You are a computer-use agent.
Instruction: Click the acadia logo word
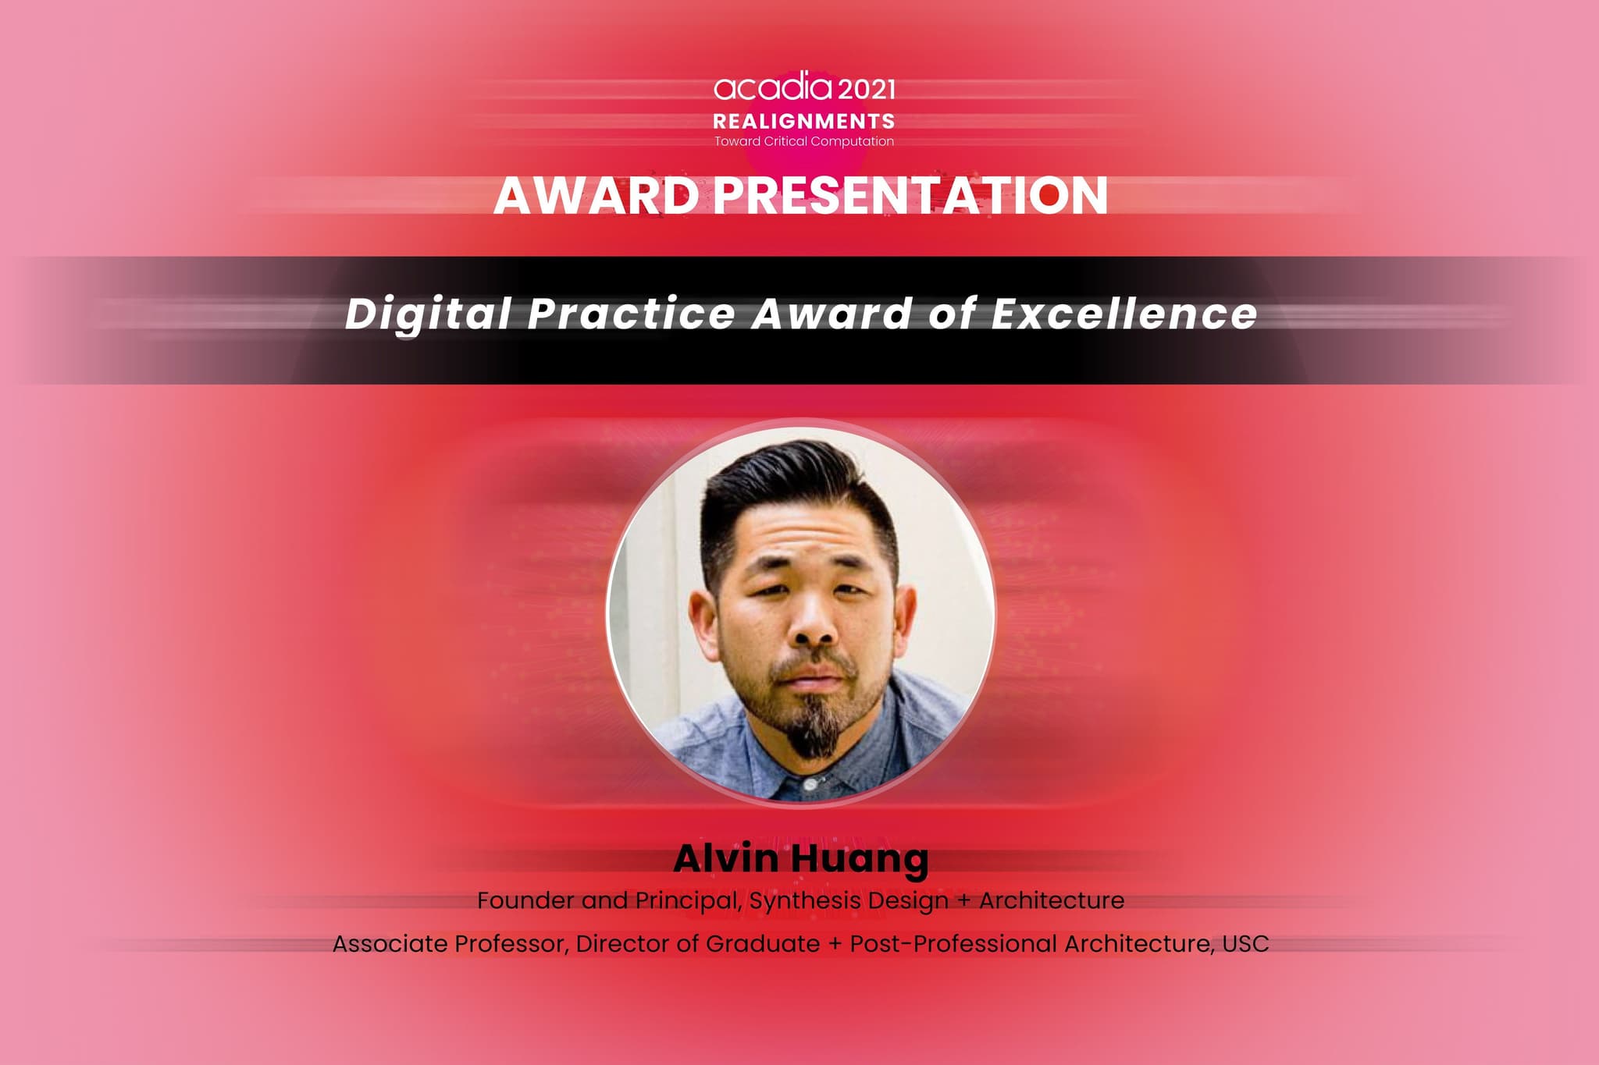point(762,88)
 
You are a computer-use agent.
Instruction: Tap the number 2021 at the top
point(856,90)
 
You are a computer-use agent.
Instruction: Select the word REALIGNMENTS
point(804,122)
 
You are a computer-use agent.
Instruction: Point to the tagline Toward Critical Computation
point(804,141)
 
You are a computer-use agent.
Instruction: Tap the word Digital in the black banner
point(428,314)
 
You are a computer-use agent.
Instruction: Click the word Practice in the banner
point(632,313)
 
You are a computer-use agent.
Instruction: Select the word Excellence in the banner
point(1124,313)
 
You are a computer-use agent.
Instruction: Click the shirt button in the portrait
point(810,783)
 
